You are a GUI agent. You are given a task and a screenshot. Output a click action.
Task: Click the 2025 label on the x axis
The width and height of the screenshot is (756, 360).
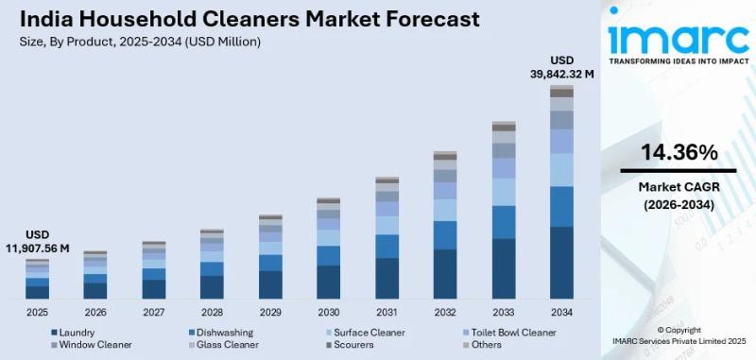(x=38, y=311)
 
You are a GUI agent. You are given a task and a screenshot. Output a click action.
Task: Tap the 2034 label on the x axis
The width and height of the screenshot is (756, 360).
(x=561, y=311)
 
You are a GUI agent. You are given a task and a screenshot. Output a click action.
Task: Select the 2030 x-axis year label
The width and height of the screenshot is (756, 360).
(x=328, y=311)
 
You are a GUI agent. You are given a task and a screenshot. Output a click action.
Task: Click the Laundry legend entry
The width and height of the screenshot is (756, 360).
(x=77, y=333)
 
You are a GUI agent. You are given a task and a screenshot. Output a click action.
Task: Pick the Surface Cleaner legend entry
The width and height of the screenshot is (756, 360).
(x=369, y=333)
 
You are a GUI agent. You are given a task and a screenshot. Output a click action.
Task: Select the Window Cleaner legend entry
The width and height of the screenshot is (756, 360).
(x=94, y=345)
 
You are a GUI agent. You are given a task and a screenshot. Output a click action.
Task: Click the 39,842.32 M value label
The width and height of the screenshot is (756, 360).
(x=561, y=74)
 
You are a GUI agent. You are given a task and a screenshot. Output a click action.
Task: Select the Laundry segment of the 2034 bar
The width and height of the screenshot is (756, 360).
(x=561, y=263)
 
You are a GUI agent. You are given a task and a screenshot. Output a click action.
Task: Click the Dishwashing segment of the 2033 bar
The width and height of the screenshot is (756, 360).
(x=504, y=222)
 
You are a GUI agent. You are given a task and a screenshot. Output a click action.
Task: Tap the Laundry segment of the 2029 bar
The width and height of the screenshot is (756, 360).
(x=270, y=284)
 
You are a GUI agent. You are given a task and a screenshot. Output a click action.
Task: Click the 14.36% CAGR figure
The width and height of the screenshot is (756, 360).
(x=679, y=153)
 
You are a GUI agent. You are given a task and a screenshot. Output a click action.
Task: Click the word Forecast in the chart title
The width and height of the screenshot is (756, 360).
(x=433, y=19)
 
